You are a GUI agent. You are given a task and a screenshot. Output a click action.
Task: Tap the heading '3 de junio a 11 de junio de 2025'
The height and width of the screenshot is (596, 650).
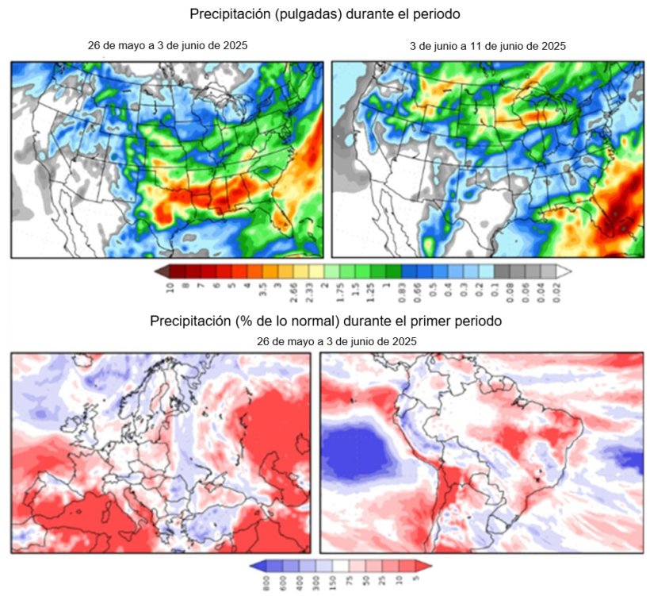[x=487, y=46]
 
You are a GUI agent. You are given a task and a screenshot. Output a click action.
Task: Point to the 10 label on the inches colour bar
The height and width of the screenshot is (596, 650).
[x=168, y=287]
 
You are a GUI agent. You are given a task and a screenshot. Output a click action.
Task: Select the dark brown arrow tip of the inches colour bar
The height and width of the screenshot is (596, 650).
[x=159, y=271]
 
